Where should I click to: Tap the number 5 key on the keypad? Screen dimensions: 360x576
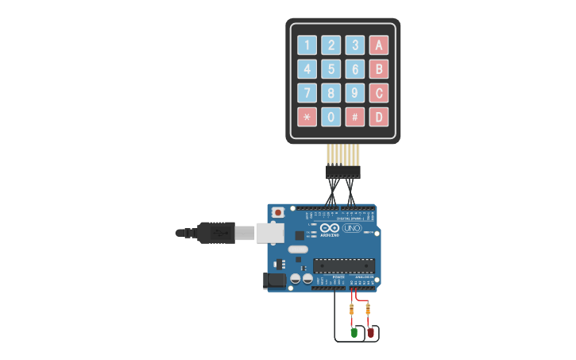tap(331, 69)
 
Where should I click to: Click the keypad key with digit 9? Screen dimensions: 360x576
tap(355, 93)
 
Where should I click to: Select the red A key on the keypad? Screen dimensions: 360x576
tap(379, 45)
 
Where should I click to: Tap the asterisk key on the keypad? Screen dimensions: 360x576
tap(307, 117)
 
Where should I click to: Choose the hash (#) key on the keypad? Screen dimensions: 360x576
tap(355, 117)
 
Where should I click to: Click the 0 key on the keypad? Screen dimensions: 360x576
tap(331, 117)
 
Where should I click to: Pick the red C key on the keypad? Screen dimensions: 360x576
tap(379, 93)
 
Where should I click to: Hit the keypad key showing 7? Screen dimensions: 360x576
tap(307, 93)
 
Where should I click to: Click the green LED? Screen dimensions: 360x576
tap(354, 331)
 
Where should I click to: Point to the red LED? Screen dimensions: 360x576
tap(370, 331)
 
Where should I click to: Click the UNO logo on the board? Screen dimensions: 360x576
tap(351, 228)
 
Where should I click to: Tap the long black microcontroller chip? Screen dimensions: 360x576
tap(342, 265)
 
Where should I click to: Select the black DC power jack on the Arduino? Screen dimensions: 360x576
tap(274, 280)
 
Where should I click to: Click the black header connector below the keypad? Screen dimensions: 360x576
tap(342, 171)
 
